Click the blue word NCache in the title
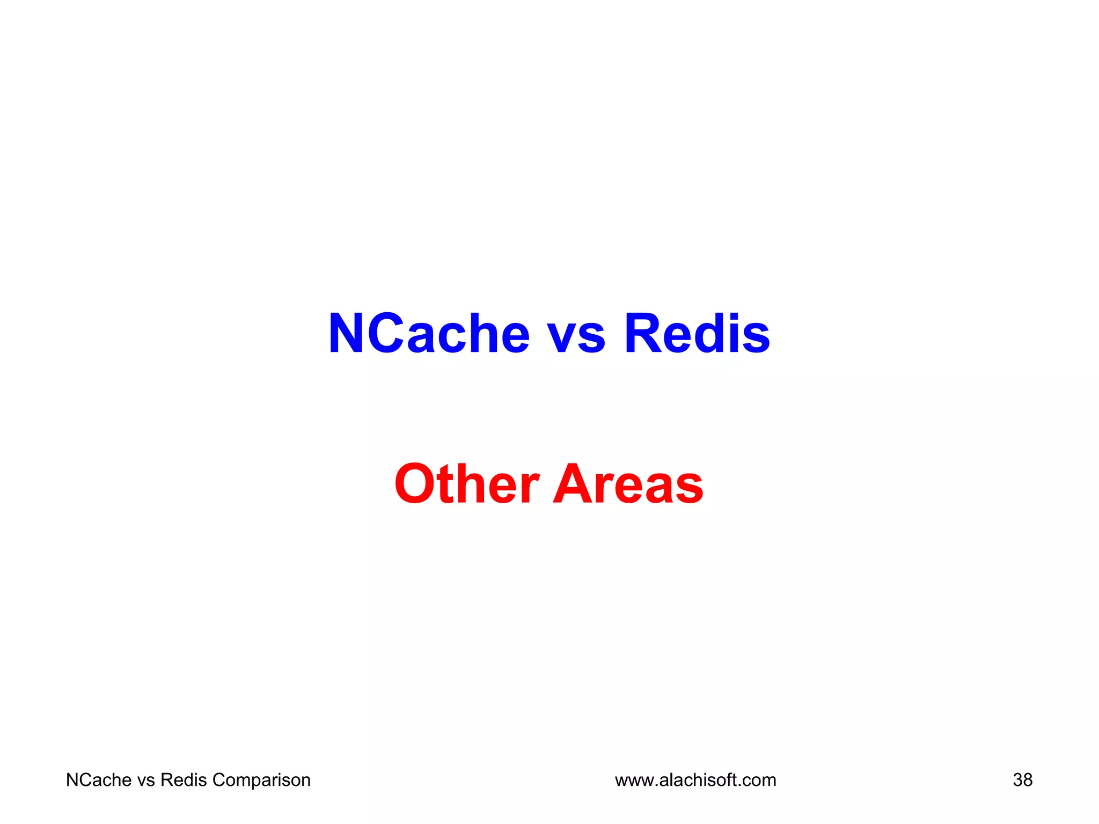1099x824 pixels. pos(429,334)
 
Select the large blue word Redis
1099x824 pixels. pos(697,334)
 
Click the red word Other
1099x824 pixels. pos(466,484)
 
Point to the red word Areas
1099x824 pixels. pos(628,484)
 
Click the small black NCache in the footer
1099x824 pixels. pos(98,780)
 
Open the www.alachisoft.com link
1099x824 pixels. pos(695,780)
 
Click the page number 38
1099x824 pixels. pos(1022,780)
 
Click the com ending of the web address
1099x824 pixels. pos(759,781)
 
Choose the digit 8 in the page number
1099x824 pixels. pos(1028,780)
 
